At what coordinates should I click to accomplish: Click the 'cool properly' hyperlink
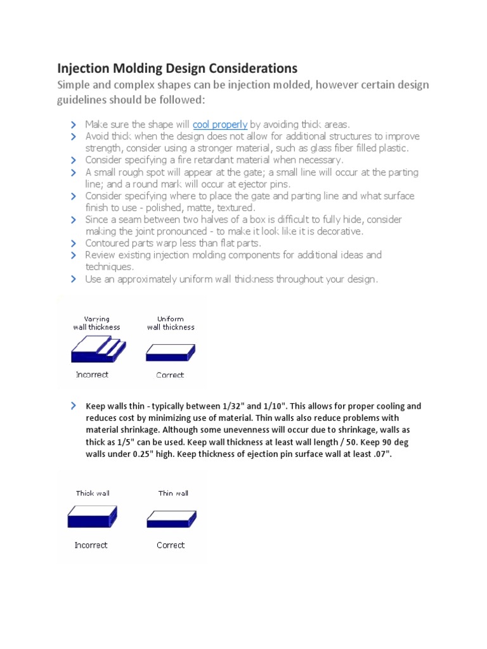click(219, 124)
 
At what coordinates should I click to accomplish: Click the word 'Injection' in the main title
click(86, 68)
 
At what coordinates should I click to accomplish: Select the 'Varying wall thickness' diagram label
click(96, 323)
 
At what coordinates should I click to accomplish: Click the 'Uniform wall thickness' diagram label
click(171, 323)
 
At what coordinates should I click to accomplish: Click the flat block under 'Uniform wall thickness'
click(171, 352)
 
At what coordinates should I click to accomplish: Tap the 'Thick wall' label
click(93, 493)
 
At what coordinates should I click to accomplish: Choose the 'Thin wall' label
click(173, 493)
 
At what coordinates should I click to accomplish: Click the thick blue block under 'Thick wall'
click(93, 517)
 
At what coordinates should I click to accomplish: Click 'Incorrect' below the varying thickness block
click(92, 375)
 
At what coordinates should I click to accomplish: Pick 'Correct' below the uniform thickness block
click(170, 375)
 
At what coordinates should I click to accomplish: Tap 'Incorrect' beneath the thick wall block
click(91, 545)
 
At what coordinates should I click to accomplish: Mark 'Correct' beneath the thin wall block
click(171, 545)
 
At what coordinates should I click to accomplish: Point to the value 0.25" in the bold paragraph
click(133, 454)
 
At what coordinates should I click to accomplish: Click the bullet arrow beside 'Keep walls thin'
click(74, 406)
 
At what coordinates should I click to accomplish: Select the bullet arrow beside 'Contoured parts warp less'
click(74, 243)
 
